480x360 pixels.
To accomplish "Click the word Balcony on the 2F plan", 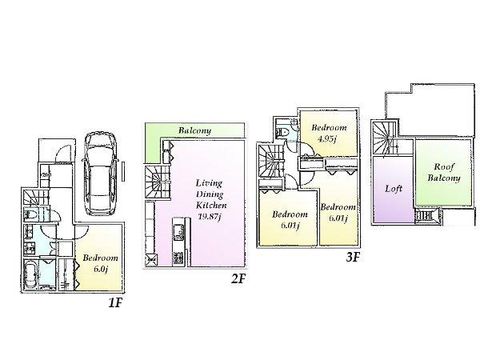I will (194, 130).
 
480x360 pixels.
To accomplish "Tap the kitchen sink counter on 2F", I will (178, 234).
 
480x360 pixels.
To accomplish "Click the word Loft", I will (393, 190).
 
